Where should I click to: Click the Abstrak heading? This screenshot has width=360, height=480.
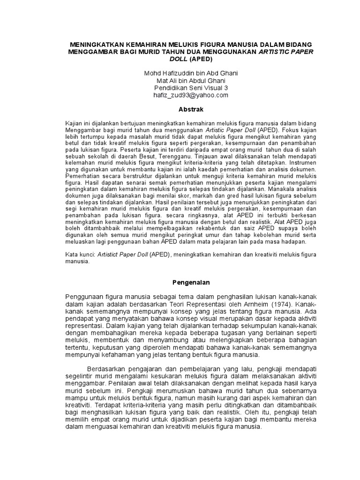[190, 109]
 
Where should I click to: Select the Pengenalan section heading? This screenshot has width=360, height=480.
[190, 283]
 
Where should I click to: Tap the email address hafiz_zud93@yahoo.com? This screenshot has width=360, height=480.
[191, 95]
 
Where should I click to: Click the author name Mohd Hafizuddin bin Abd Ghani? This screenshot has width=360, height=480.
[191, 74]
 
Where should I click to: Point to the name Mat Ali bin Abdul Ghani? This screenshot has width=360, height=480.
[191, 81]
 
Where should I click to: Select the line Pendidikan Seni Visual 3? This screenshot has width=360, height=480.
[191, 88]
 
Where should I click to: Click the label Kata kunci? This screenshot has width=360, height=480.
[80, 254]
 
